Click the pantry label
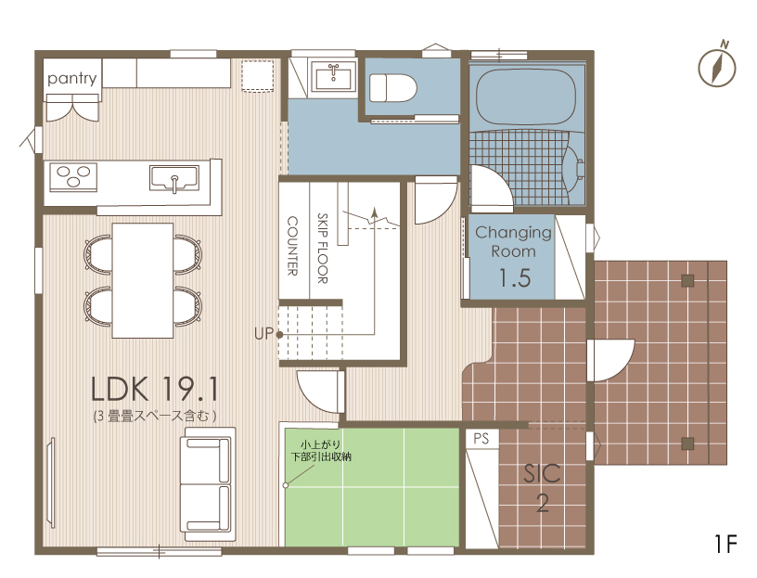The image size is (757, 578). tap(72, 78)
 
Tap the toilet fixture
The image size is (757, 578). tap(393, 88)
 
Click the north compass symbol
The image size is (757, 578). tap(717, 66)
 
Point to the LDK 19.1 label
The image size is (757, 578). tap(155, 389)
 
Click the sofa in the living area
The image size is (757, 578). tap(208, 484)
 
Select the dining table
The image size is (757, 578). tap(143, 280)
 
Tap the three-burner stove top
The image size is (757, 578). tap(73, 176)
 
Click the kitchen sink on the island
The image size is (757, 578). tap(174, 178)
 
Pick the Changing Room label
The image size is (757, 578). tap(513, 241)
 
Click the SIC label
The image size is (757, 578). tap(542, 474)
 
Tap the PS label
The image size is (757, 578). tap(481, 439)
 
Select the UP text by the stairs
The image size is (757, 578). tap(263, 334)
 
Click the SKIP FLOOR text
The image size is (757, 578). tap(323, 249)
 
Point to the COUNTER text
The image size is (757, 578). tap(292, 246)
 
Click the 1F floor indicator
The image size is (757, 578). tap(725, 544)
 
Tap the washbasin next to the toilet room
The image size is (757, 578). tap(333, 76)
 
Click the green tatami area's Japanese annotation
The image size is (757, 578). tap(321, 451)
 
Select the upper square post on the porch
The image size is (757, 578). tap(687, 280)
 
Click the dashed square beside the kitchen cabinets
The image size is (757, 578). tap(258, 75)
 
